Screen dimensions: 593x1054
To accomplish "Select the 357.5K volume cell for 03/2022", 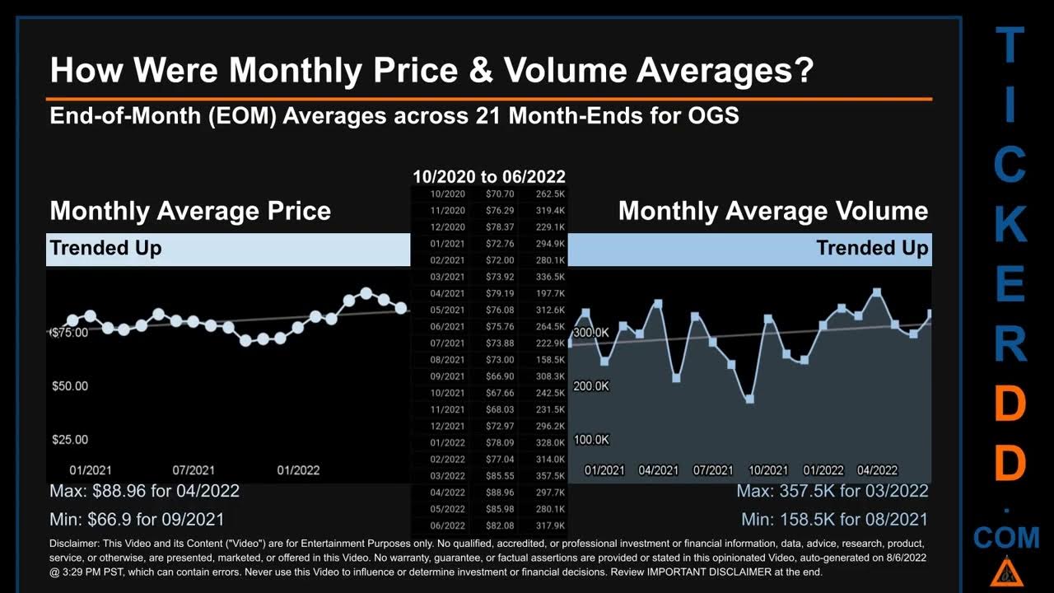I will point(550,476).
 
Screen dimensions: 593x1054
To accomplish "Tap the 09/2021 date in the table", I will point(448,376).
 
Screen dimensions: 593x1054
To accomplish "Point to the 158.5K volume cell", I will point(550,360).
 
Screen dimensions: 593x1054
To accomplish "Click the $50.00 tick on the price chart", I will point(70,386).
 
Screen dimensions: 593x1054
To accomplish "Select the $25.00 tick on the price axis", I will point(70,440).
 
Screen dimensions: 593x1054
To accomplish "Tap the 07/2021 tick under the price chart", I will point(194,470).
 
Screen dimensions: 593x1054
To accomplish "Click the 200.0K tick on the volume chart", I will point(591,386).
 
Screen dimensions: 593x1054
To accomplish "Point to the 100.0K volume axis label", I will point(591,440).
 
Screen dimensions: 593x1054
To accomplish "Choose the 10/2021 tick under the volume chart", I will point(767,470).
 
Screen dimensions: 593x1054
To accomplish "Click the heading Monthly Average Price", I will point(190,211).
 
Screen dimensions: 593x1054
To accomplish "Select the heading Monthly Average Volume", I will point(773,211).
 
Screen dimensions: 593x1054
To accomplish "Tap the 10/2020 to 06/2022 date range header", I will point(489,176).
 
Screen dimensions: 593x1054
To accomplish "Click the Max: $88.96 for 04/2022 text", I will point(145,492).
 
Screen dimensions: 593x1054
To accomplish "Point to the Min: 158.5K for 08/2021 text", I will point(834,520).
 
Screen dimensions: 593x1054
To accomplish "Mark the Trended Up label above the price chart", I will point(105,248).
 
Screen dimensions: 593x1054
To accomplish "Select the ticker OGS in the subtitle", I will point(713,115).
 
